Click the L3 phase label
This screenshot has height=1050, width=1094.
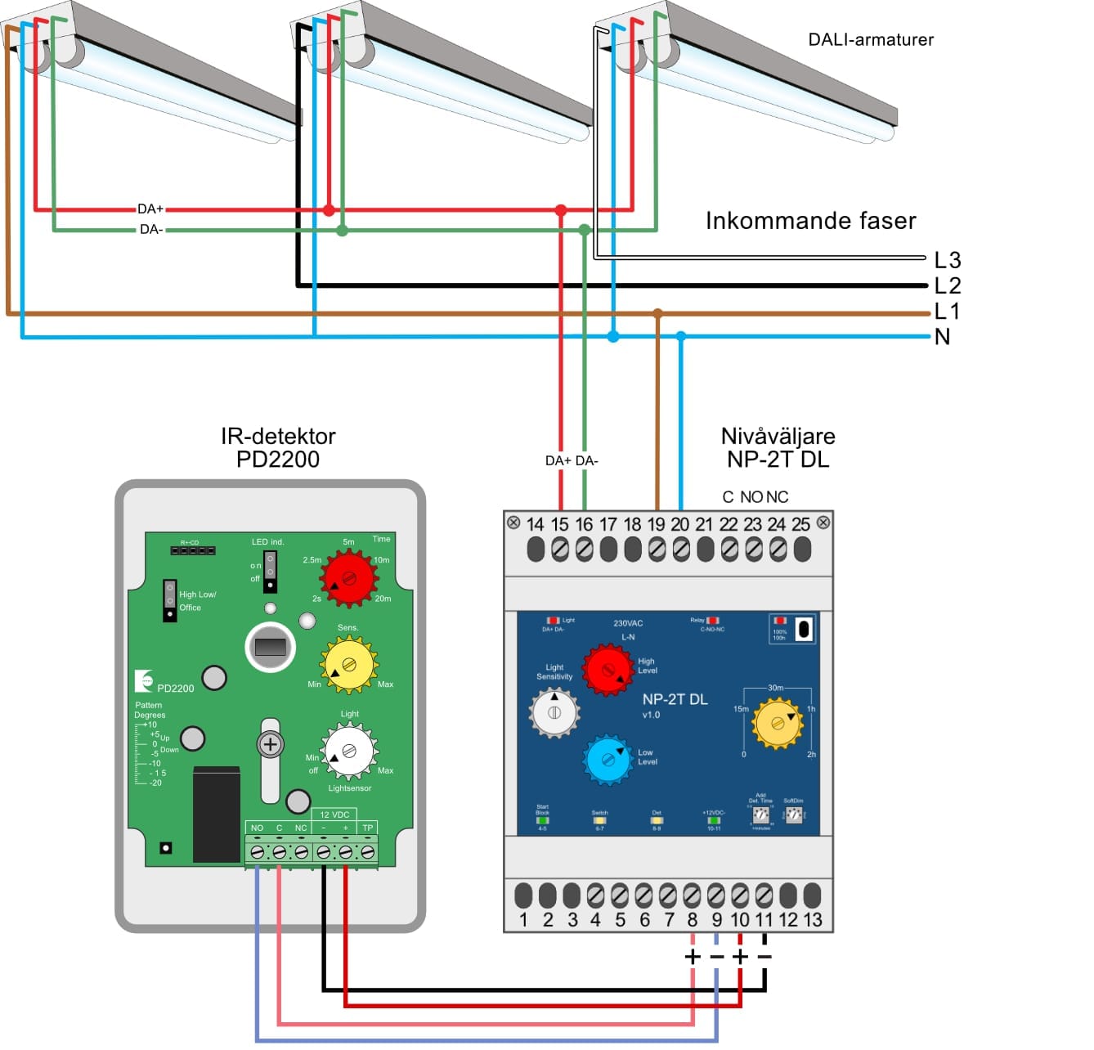(x=948, y=260)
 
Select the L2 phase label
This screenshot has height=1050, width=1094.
(x=948, y=285)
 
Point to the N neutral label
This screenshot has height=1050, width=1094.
(x=943, y=337)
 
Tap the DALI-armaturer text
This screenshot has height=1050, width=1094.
(x=871, y=39)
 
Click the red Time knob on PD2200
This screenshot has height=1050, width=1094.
(x=349, y=577)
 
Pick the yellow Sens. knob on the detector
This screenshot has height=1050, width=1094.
(x=349, y=663)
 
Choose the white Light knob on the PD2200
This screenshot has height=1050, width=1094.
(x=349, y=751)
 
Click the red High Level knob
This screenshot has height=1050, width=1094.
(x=608, y=669)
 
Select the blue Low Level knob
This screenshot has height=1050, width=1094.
(x=608, y=760)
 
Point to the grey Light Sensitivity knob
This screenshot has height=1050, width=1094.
(x=554, y=712)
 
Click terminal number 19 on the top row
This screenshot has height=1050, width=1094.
(x=656, y=524)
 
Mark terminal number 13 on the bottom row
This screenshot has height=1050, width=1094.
(x=813, y=920)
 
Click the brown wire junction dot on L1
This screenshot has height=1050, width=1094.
(x=657, y=313)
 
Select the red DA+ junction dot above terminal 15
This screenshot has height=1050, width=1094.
(x=561, y=211)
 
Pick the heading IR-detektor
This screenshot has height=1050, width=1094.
(x=278, y=436)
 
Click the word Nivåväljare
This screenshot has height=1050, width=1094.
(x=778, y=436)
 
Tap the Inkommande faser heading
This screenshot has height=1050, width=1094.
(x=810, y=221)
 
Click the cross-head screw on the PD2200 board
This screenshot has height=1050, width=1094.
(x=270, y=744)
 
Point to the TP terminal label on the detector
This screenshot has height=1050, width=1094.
(x=368, y=828)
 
